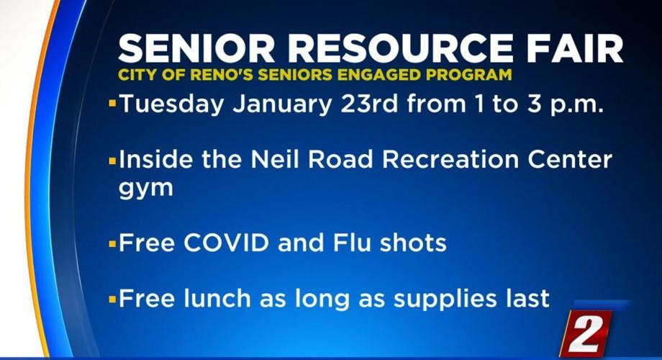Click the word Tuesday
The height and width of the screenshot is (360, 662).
pos(169,104)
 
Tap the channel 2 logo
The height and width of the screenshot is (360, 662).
pos(586,332)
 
